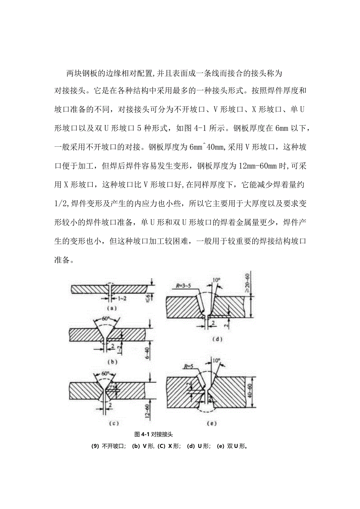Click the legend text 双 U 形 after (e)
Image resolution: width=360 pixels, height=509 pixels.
(x=236, y=446)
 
